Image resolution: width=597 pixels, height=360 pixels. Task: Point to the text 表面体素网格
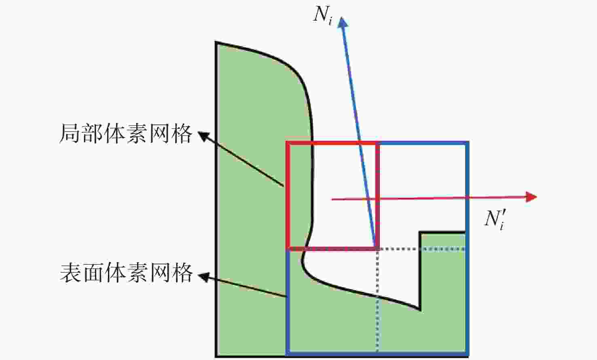[126, 273]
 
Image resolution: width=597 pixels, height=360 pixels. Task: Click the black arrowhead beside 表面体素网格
[204, 277]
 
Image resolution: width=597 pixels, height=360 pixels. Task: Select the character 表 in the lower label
[70, 273]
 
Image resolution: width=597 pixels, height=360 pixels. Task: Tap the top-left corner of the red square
[288, 143]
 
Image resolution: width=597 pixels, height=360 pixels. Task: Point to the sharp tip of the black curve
[420, 310]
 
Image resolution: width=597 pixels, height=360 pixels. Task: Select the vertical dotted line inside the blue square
[377, 301]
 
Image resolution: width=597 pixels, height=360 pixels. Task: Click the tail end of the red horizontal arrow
[332, 199]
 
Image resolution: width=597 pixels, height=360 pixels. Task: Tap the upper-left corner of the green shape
[216, 42]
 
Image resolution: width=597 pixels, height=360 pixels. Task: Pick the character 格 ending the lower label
[182, 273]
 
